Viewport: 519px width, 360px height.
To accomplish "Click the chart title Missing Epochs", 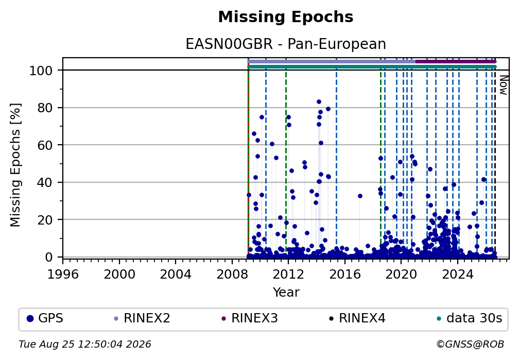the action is tap(286, 17).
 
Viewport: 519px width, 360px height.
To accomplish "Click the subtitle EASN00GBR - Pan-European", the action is tap(286, 44).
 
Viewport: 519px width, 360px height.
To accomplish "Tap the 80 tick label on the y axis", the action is tap(45, 108).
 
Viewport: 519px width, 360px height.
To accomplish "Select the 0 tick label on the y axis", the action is tap(49, 257).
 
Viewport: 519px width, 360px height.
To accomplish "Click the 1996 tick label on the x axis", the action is tap(63, 275).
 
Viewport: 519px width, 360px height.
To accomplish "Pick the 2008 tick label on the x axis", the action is tap(232, 275).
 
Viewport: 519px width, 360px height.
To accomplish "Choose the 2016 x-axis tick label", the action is tap(345, 275).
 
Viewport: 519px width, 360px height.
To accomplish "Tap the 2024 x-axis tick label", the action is tap(458, 275).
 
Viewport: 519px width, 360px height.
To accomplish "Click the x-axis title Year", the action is tap(286, 292).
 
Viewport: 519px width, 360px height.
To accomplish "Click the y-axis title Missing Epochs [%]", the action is tap(15, 165).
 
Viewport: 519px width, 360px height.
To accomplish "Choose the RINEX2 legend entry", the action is tap(142, 318).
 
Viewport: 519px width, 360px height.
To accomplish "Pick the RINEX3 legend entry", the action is tap(250, 318).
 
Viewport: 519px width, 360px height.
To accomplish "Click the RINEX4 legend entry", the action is tap(357, 318).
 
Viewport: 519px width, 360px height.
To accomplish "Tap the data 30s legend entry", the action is tap(470, 318).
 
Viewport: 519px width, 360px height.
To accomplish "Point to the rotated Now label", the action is tap(504, 85).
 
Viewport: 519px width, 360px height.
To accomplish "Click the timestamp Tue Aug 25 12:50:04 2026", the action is tap(85, 345).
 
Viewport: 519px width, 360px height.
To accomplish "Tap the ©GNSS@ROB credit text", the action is tap(470, 345).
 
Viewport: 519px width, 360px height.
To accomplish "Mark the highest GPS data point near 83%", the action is tap(319, 102).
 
